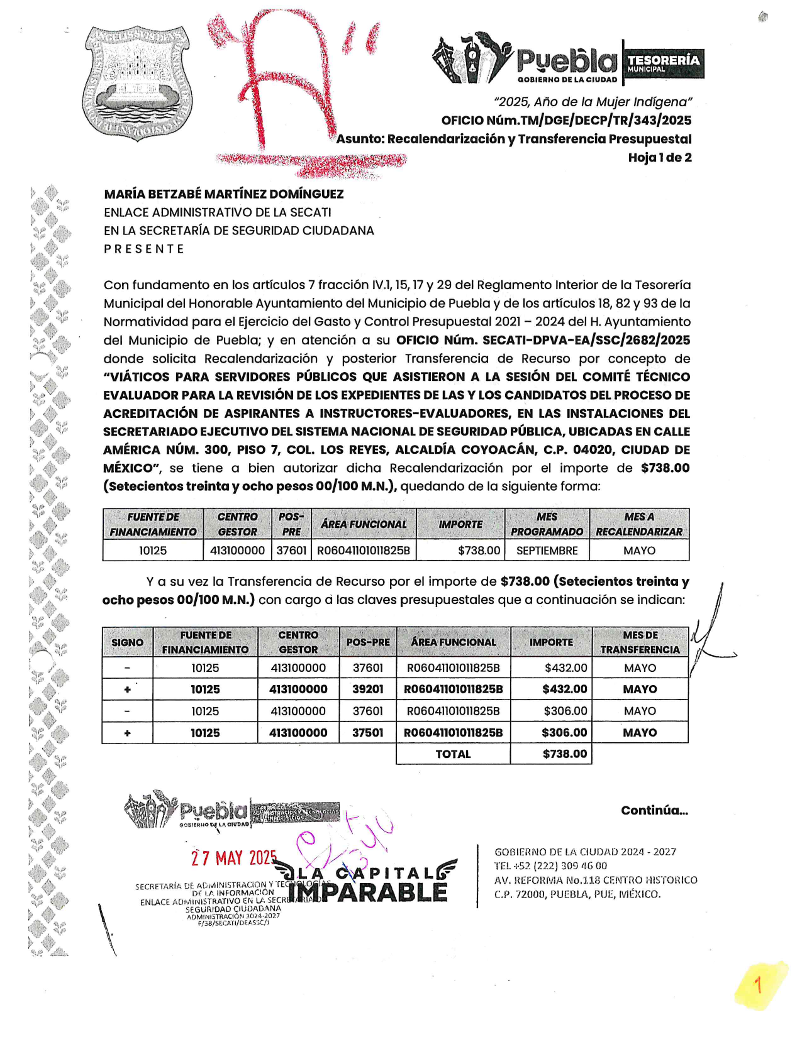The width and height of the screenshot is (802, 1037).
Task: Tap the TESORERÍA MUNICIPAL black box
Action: pyautogui.click(x=664, y=63)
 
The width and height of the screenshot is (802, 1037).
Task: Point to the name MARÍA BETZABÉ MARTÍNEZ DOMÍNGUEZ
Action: pyautogui.click(x=224, y=194)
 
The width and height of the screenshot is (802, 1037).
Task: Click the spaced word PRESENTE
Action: pyautogui.click(x=144, y=249)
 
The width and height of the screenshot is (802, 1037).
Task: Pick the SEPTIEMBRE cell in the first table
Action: pyautogui.click(x=547, y=551)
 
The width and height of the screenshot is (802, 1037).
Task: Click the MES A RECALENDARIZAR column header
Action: pyautogui.click(x=638, y=524)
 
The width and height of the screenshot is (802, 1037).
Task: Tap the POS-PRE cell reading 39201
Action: pyautogui.click(x=368, y=689)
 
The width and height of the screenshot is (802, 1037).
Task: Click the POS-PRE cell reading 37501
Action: pyautogui.click(x=368, y=733)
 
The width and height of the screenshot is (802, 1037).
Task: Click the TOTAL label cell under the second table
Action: pyautogui.click(x=453, y=754)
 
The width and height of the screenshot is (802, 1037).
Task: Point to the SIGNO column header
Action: pyautogui.click(x=127, y=642)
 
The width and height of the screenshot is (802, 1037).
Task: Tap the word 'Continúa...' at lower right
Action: pyautogui.click(x=654, y=811)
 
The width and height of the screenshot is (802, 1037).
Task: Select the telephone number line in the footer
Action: pyautogui.click(x=550, y=866)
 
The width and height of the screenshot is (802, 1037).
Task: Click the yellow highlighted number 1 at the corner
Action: pyautogui.click(x=759, y=985)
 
